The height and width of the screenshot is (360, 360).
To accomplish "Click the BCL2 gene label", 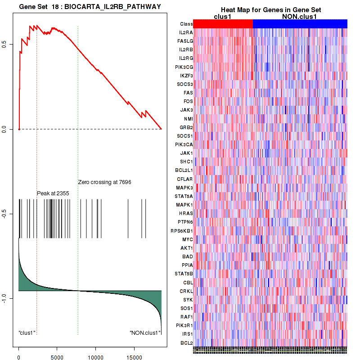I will (x=186, y=343).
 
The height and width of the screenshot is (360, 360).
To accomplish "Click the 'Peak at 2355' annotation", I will (x=53, y=193).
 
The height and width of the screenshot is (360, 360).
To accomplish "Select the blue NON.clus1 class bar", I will (x=300, y=24).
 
